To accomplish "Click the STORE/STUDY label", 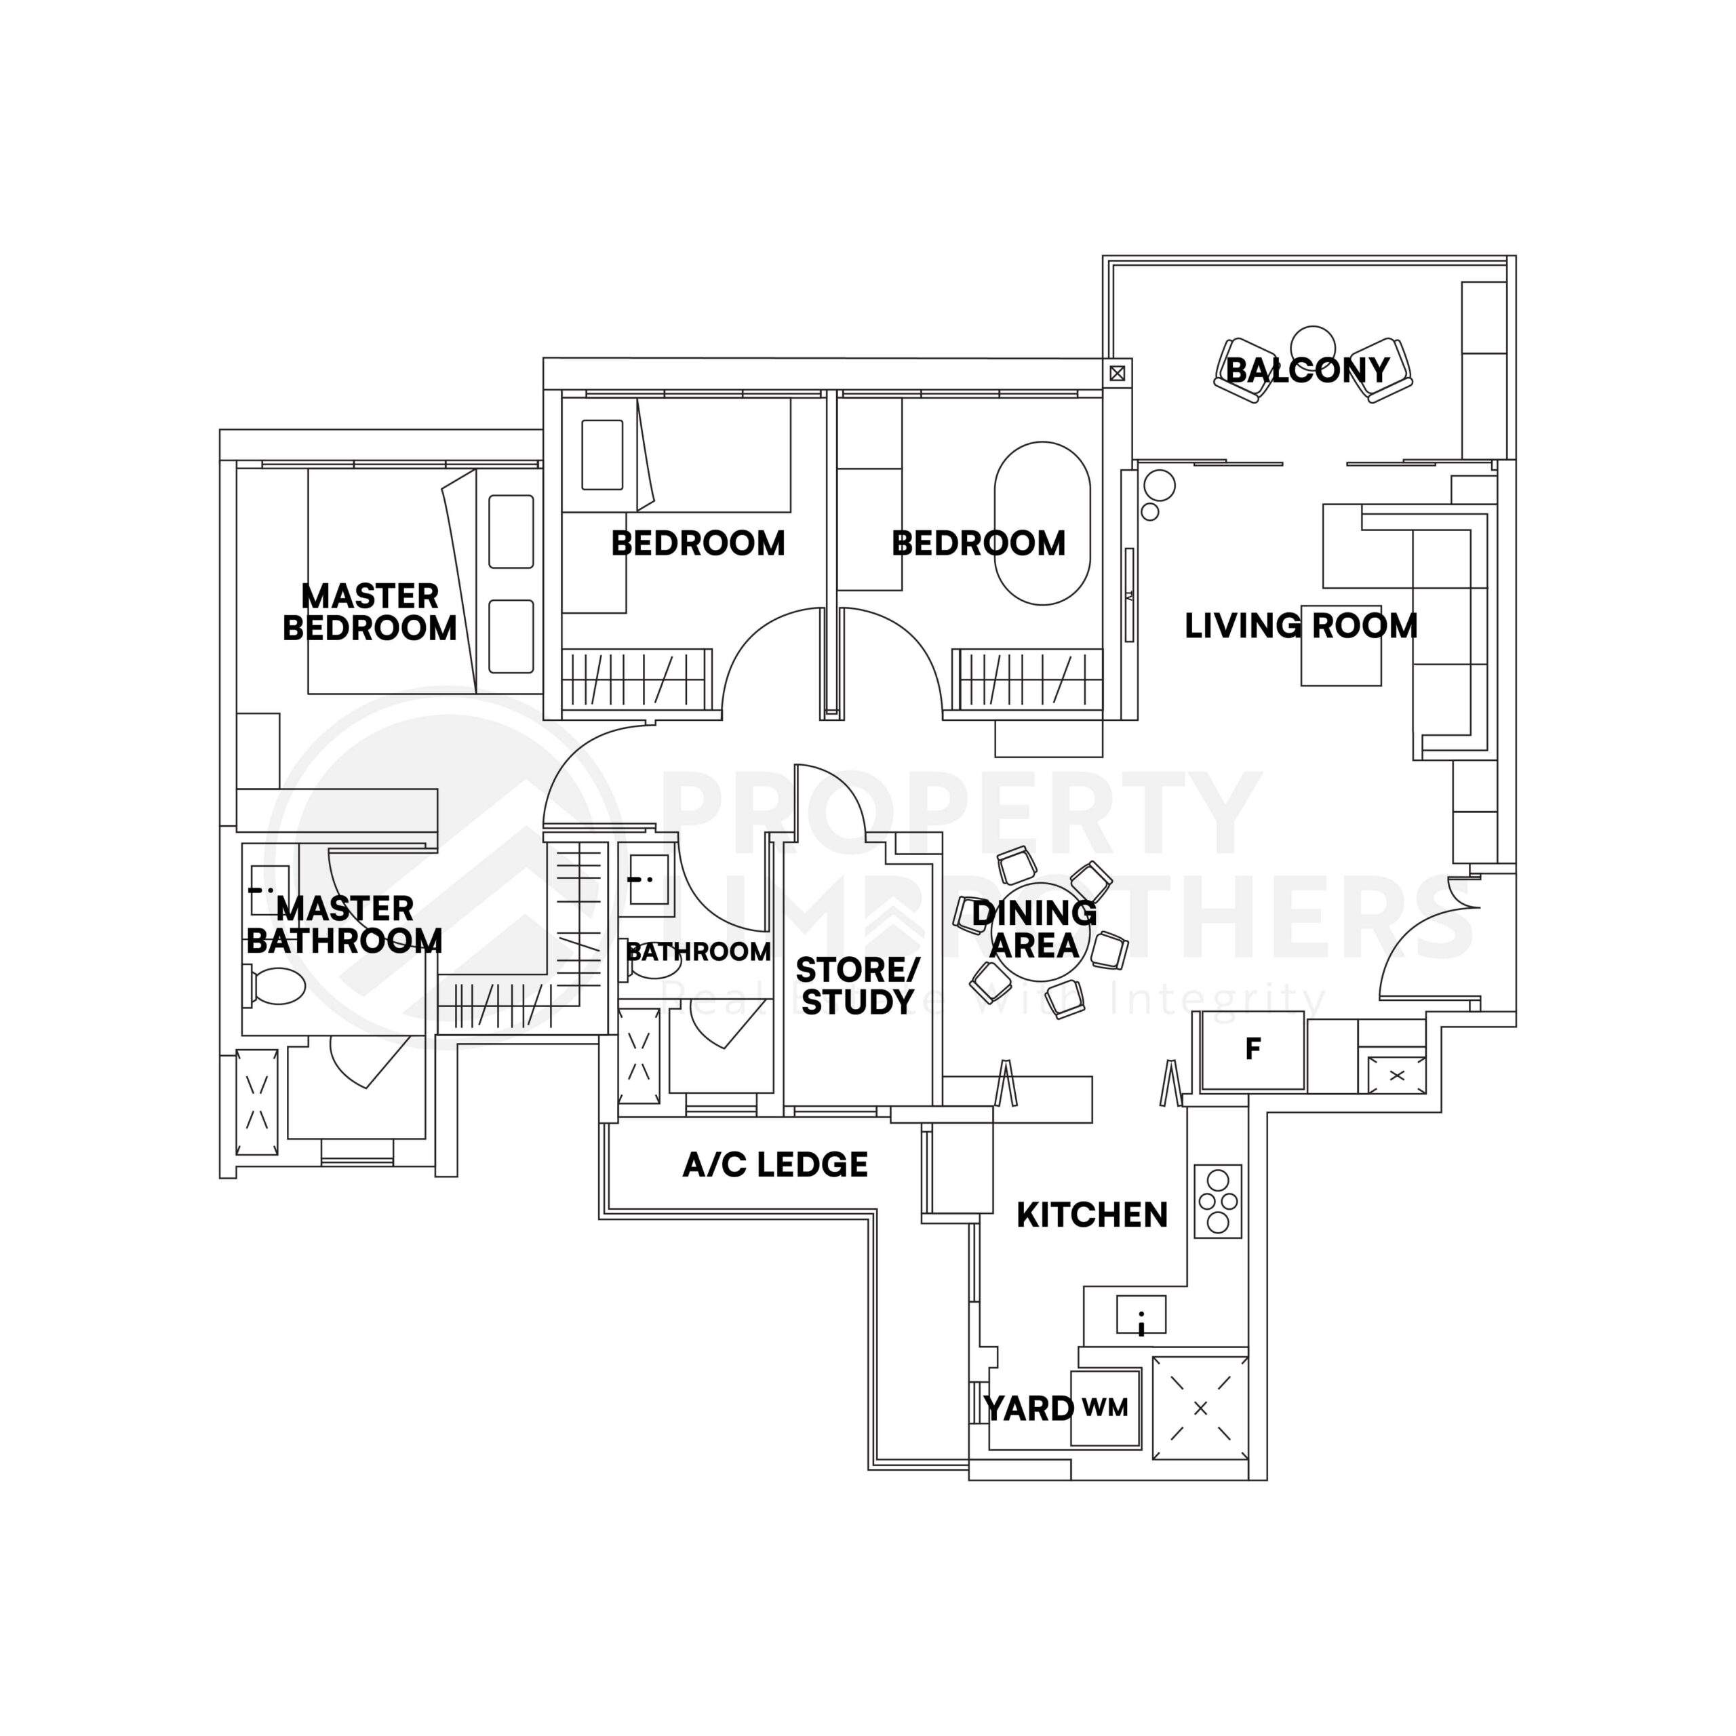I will pyautogui.click(x=857, y=986).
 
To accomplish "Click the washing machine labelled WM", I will pyautogui.click(x=1105, y=1407).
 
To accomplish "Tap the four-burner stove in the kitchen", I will pyautogui.click(x=1217, y=1202).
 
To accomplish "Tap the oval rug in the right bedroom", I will pyautogui.click(x=1042, y=523).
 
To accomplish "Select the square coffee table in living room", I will pyautogui.click(x=1341, y=645).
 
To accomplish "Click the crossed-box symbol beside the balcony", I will pyautogui.click(x=1117, y=372).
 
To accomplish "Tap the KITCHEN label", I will pyautogui.click(x=1092, y=1215).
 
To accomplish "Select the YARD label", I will pyautogui.click(x=1028, y=1408).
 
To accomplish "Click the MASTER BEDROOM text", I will pyautogui.click(x=370, y=612).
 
